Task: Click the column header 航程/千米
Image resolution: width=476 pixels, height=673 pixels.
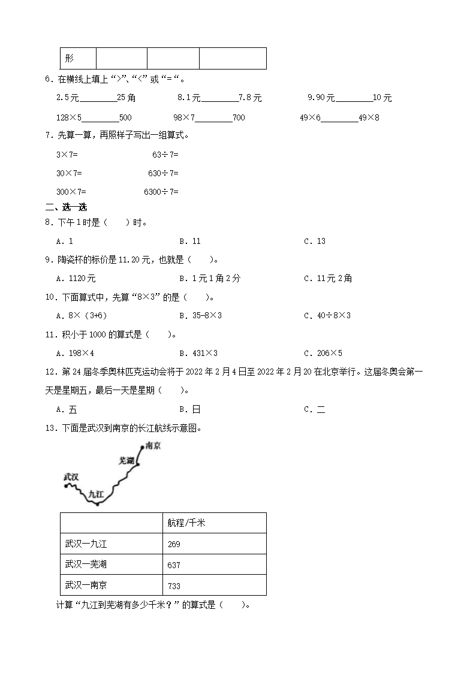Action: (186, 523)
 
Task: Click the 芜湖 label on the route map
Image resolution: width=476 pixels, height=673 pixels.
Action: (126, 461)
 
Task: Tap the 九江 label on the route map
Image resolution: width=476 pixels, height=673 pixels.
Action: (97, 494)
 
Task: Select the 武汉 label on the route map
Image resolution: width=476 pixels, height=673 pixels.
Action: (71, 477)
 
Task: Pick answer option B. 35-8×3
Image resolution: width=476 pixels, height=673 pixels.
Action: (200, 315)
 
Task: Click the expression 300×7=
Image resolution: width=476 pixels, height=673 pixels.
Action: (71, 192)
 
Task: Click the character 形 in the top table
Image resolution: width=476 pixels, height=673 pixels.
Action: (70, 59)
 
